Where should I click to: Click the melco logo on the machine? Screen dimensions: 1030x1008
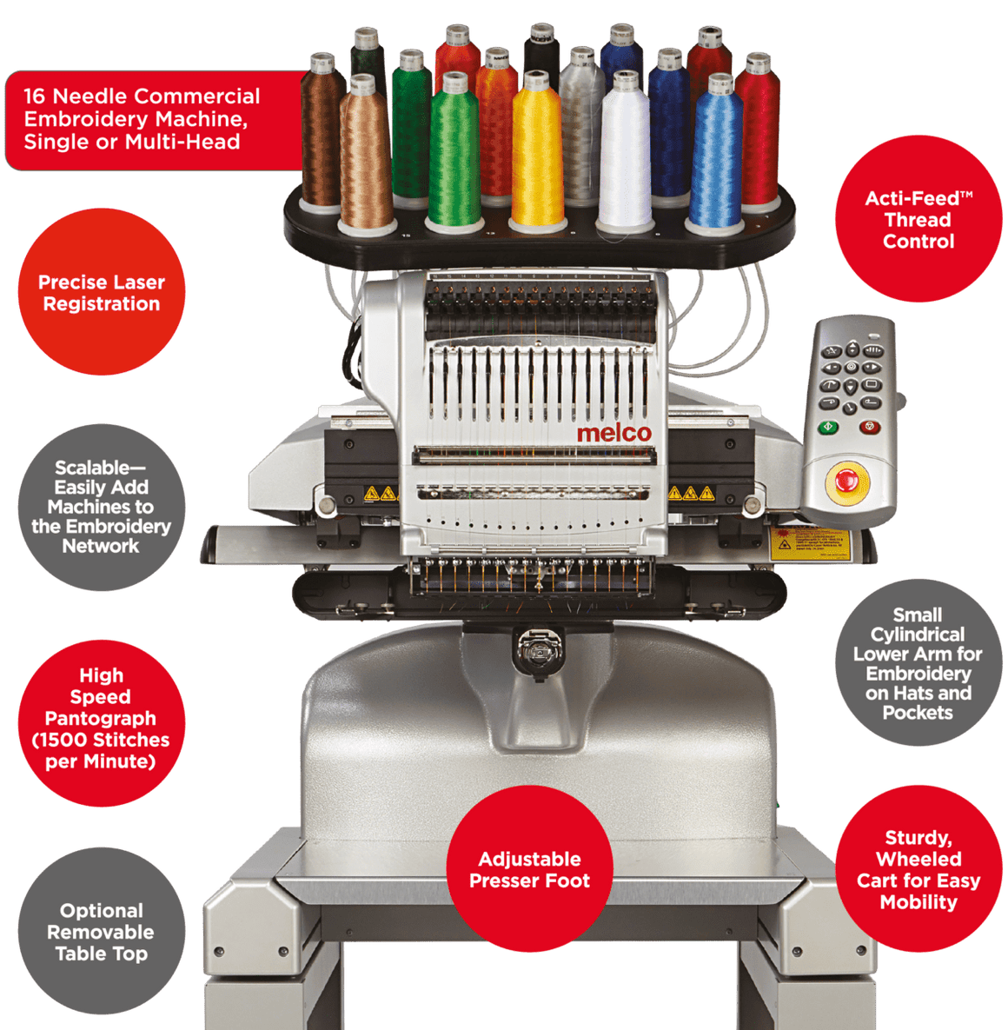(x=613, y=433)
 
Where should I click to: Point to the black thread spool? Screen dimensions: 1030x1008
(x=541, y=52)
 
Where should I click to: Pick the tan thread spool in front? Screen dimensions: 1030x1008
(x=366, y=161)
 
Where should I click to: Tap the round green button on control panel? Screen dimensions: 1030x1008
(x=828, y=428)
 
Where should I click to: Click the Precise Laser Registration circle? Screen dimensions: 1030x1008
(x=102, y=293)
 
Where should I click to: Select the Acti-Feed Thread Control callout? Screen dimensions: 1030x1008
(x=918, y=220)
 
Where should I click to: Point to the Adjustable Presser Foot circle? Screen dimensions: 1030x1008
(x=529, y=870)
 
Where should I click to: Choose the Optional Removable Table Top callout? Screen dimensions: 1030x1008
(x=102, y=932)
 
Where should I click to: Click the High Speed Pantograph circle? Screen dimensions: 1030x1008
(x=102, y=718)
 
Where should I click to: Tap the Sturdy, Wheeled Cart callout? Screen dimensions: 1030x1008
(x=918, y=869)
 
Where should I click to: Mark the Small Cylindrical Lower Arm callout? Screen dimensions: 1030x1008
(x=918, y=663)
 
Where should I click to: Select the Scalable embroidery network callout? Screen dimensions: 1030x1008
(x=102, y=508)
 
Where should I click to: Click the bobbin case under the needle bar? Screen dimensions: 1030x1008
(x=530, y=650)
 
